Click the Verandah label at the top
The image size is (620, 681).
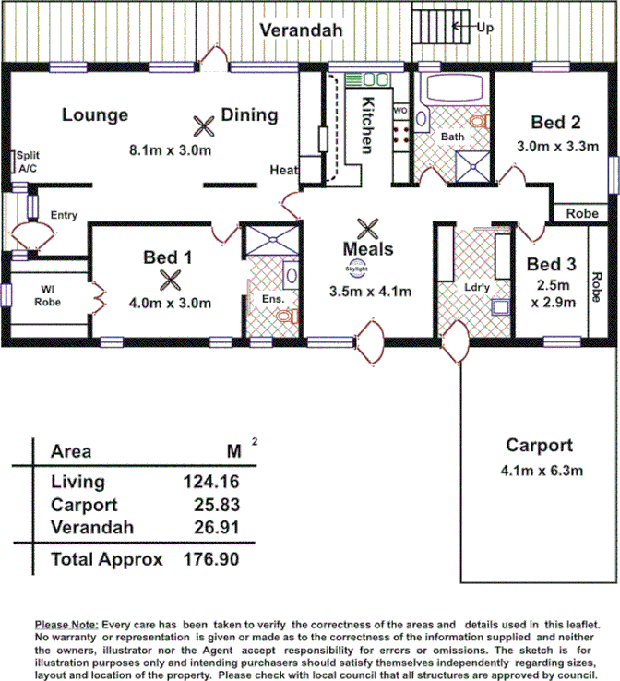301,30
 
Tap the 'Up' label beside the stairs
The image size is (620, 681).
485,28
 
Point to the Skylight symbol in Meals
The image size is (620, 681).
356,269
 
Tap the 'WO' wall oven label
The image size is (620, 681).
399,111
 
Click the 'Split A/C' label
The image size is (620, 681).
29,162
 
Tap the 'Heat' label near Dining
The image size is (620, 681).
283,170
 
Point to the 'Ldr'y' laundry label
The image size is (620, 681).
476,287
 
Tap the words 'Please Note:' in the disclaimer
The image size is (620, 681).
66,624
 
